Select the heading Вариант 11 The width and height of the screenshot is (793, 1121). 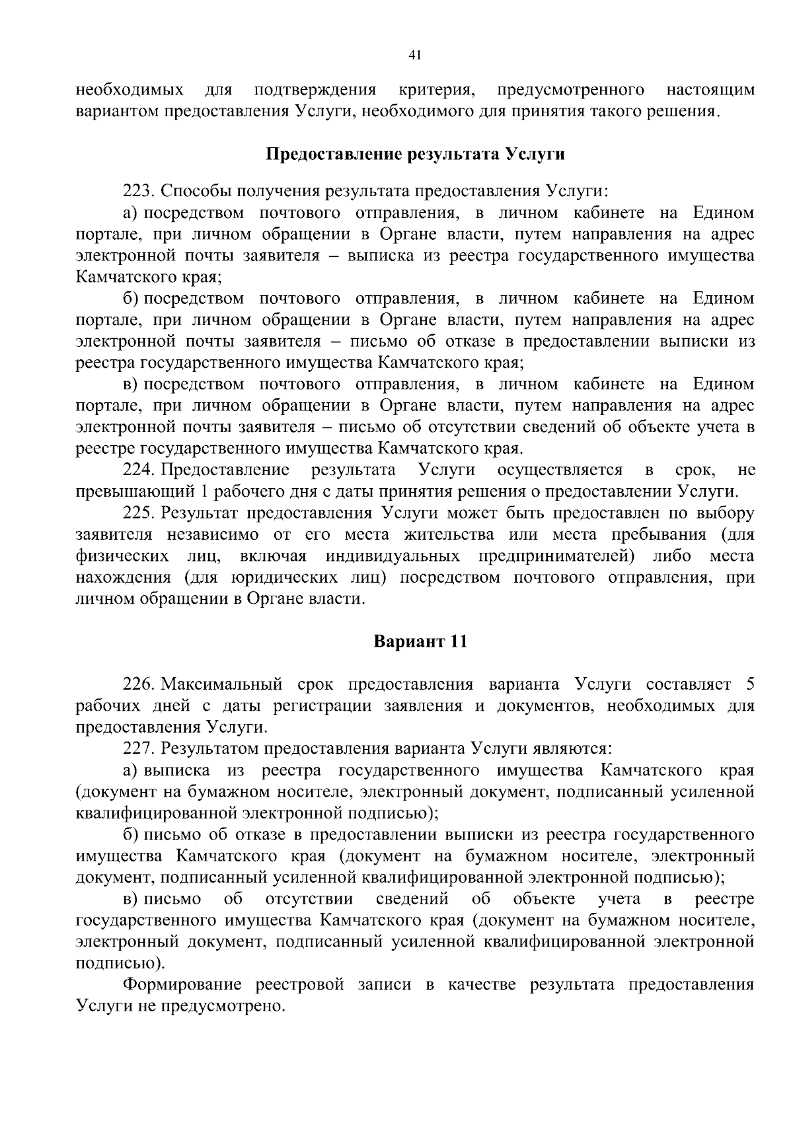[420, 641]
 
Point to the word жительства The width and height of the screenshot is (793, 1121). [451, 534]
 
